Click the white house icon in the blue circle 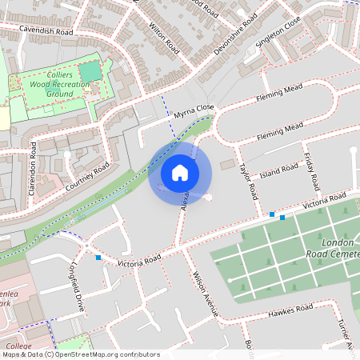(180, 173)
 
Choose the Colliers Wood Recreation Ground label (49, 84)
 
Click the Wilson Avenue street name (206, 294)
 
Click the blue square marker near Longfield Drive (98, 258)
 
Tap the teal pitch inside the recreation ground (90, 71)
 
